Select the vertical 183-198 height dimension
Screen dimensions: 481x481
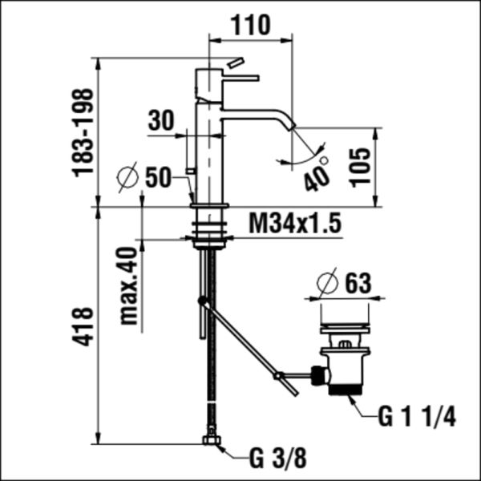(83, 132)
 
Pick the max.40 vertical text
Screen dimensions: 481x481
(127, 285)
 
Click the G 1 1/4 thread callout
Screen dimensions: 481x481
(416, 417)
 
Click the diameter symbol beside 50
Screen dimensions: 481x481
(127, 178)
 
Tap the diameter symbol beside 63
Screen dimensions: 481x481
(326, 283)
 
